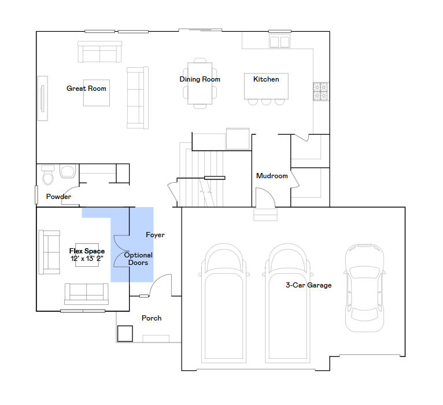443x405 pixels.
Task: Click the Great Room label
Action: (x=86, y=89)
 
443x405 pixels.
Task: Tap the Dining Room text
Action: (x=200, y=79)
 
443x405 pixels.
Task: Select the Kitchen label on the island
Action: (x=266, y=79)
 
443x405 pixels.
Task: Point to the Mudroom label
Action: (x=272, y=176)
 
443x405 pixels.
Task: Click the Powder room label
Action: (x=58, y=196)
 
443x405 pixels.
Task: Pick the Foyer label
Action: (x=155, y=235)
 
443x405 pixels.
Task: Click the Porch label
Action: (x=152, y=318)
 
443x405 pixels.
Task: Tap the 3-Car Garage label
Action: (x=308, y=285)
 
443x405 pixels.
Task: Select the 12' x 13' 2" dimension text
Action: (x=87, y=258)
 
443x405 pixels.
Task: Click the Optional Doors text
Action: (x=138, y=259)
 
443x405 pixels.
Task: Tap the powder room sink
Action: (x=67, y=171)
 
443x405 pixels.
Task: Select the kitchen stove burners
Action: (x=321, y=91)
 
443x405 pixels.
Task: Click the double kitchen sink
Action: (x=280, y=42)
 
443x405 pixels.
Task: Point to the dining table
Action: (x=200, y=83)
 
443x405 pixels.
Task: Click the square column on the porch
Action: (x=125, y=333)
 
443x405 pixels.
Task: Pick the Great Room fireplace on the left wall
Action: (x=43, y=98)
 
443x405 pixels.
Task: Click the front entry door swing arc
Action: (x=160, y=285)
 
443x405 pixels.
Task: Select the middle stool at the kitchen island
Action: (x=266, y=102)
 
